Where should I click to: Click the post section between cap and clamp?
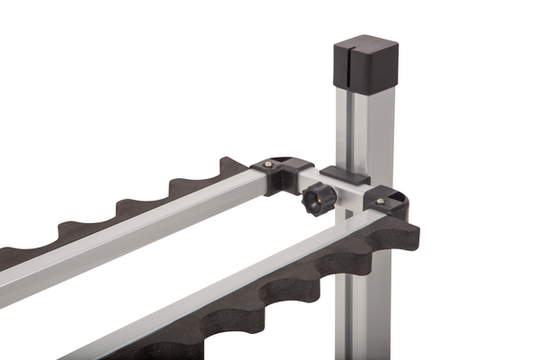[x=364, y=126]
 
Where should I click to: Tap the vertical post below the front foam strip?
[x=364, y=306]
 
